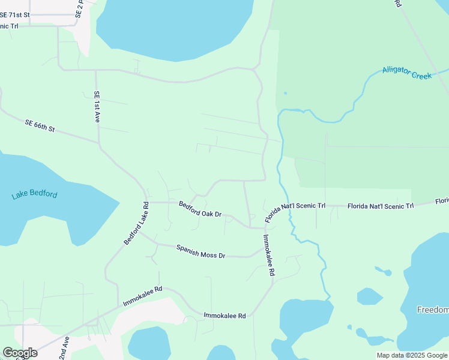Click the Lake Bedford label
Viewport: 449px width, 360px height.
[x=35, y=195]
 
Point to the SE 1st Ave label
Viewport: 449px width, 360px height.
[x=96, y=107]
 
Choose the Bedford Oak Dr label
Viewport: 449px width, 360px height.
[x=200, y=209]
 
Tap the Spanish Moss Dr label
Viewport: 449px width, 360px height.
[x=200, y=251]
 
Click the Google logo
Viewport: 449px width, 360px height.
[x=20, y=353]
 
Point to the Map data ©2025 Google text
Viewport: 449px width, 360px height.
[x=412, y=355]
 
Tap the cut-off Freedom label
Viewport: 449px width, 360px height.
[x=433, y=310]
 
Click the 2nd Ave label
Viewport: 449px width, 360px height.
[x=64, y=347]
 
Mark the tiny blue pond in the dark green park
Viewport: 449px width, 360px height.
[x=285, y=93]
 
